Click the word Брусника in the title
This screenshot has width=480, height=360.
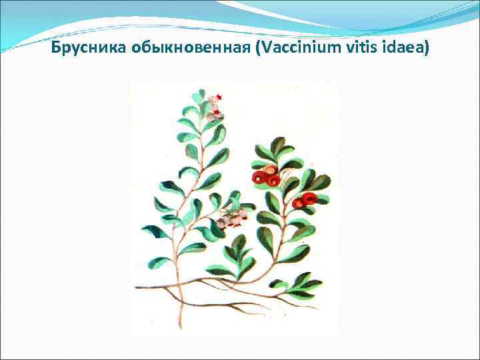pos(83,49)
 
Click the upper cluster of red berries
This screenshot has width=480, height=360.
pos(265,175)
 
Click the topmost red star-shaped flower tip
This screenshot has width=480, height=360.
pos(219,97)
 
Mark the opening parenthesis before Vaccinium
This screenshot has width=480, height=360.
pos(243,49)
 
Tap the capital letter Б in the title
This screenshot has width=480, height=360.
pos(57,49)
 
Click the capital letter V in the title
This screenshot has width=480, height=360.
pos(251,49)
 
